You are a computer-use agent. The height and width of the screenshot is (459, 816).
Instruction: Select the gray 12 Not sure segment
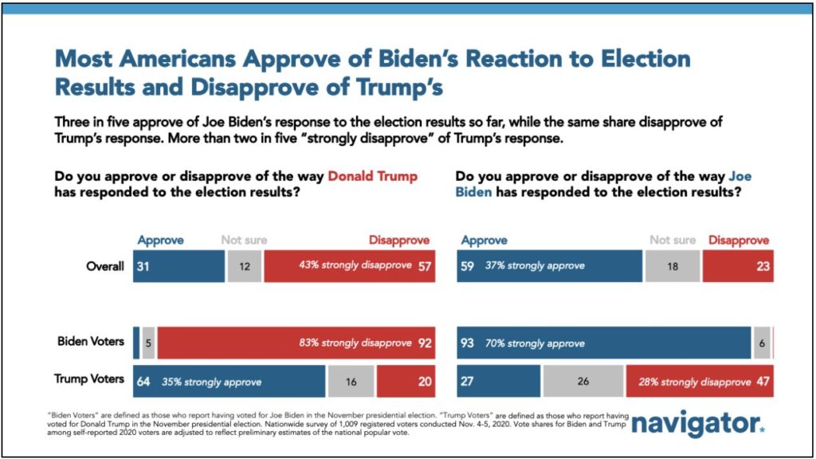244,266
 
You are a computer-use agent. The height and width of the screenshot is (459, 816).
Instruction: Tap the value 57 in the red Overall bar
424,266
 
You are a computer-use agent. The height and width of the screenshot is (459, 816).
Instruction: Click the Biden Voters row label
91,341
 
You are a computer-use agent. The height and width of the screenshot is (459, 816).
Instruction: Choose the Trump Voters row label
89,379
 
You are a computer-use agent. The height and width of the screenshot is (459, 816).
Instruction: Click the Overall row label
104,266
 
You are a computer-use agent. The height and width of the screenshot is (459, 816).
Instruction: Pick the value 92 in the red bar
424,343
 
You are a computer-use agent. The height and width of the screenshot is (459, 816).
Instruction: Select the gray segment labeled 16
351,381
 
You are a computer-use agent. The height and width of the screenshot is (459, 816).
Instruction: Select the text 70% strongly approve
535,343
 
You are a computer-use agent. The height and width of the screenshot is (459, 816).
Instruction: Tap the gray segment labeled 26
583,381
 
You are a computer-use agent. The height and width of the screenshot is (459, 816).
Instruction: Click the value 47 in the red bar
763,381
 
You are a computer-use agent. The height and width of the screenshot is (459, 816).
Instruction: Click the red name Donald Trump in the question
372,176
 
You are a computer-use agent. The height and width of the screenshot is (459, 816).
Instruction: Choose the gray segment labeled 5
148,343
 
